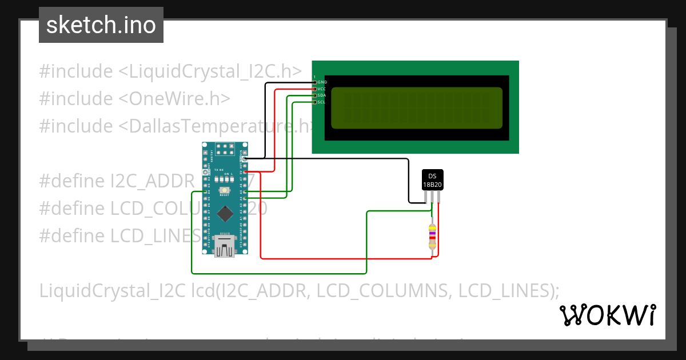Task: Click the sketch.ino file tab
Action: point(101,25)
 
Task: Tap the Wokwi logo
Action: point(607,315)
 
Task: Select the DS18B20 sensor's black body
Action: point(433,180)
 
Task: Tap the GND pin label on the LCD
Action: point(322,82)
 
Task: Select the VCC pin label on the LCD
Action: point(322,89)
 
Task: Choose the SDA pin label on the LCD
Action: point(322,95)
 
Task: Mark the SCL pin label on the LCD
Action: point(322,102)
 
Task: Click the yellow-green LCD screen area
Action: point(417,108)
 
